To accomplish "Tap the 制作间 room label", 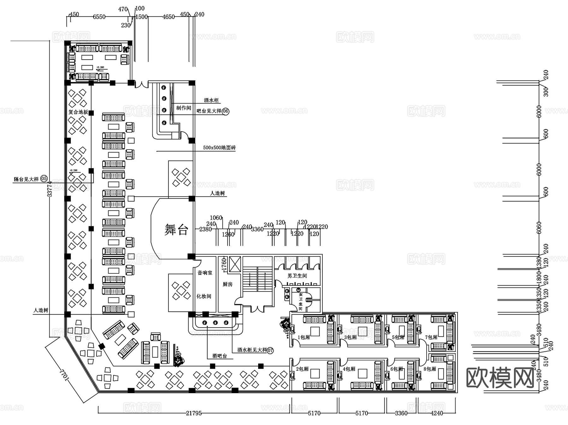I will (x=184, y=108).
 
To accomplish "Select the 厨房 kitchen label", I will (x=228, y=284).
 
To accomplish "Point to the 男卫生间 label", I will (x=297, y=276).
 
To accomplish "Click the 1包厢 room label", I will (x=304, y=337).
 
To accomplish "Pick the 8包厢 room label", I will (x=429, y=369).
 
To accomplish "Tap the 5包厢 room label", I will (x=398, y=337).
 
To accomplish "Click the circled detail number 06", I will (x=226, y=111).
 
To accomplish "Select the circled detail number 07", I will (x=270, y=350).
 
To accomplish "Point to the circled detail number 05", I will (x=44, y=179).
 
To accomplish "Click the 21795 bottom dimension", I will (x=193, y=413).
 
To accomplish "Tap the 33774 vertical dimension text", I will (x=50, y=189).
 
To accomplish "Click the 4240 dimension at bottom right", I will (x=437, y=413).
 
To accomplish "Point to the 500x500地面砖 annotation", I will (x=219, y=148).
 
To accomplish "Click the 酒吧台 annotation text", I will (x=220, y=356).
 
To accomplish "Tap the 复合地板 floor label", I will (x=78, y=112).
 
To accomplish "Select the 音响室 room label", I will (x=205, y=273).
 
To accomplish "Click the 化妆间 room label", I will (x=204, y=296).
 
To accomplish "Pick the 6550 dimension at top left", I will (x=99, y=17).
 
